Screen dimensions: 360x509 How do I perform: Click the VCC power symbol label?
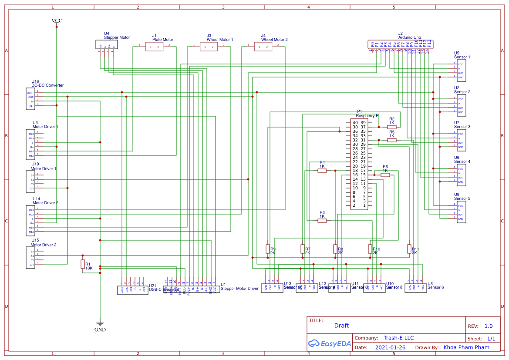[x=57, y=20]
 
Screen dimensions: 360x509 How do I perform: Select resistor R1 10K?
[x=83, y=264]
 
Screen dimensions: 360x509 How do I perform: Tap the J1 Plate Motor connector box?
[x=154, y=47]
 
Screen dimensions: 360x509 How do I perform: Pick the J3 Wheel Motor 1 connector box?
[x=209, y=47]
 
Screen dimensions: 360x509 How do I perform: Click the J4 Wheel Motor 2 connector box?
[x=263, y=47]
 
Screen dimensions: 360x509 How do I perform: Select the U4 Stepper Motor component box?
[x=107, y=44]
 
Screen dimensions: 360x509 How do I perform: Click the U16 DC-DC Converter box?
[x=30, y=99]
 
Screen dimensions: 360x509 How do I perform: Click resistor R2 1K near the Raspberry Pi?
[x=392, y=127]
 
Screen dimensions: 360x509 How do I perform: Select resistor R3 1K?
[x=322, y=221]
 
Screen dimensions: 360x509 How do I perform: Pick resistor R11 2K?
[x=409, y=249]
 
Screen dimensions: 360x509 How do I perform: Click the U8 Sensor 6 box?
[x=415, y=288]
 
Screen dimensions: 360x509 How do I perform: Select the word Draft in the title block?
[x=341, y=326]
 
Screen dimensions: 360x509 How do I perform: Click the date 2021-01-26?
[x=390, y=347]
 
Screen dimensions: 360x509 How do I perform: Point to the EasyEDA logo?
[x=329, y=343]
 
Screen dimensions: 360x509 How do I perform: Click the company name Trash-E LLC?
[x=398, y=338]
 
